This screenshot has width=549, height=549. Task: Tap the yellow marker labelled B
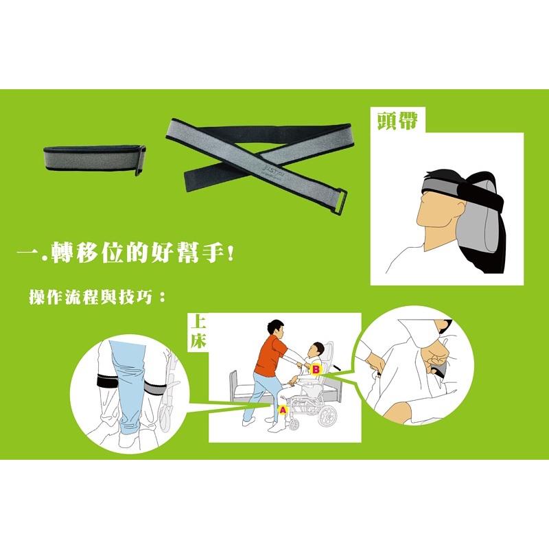316,369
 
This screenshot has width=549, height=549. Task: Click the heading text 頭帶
396,121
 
